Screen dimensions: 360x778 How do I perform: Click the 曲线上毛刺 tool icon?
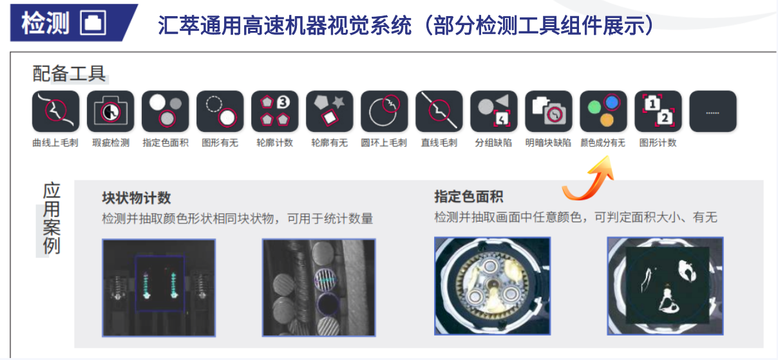[x=55, y=111]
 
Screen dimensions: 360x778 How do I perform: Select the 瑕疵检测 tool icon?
[x=110, y=111]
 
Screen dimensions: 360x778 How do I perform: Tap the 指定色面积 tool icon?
[x=165, y=111]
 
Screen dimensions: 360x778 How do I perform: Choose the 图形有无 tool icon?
[x=220, y=111]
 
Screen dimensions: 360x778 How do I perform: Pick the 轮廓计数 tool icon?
[x=275, y=111]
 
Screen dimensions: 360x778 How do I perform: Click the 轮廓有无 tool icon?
[x=329, y=111]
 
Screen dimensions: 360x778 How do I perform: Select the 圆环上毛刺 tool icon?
[x=384, y=111]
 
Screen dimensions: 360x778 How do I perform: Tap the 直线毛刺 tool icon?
[x=439, y=111]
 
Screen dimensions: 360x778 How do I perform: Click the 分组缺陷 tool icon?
[x=494, y=111]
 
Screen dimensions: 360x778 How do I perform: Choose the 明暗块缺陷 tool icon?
[x=549, y=111]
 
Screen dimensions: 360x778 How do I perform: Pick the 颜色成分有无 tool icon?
[x=603, y=111]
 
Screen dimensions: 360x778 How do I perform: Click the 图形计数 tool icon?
[x=658, y=111]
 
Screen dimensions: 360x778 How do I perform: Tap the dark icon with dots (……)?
[x=713, y=111]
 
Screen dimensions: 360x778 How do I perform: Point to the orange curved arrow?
[x=585, y=180]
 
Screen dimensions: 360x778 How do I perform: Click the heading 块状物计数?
[x=137, y=198]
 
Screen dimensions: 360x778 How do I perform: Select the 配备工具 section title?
[x=69, y=74]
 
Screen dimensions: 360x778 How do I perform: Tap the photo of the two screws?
[x=159, y=287]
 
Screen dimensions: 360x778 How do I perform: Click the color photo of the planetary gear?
[x=492, y=286]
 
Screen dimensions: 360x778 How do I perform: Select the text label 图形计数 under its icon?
[x=658, y=143]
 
